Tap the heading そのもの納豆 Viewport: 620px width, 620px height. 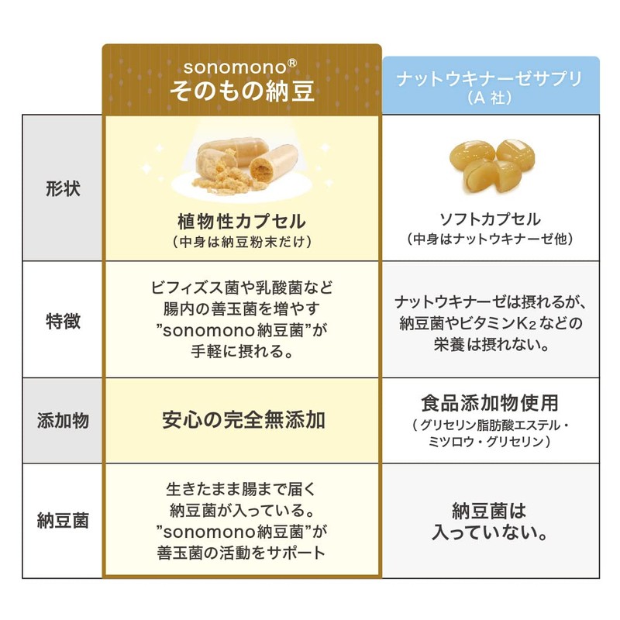tap(242, 91)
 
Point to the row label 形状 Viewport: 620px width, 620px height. tap(63, 188)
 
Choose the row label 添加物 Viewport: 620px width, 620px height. tap(63, 421)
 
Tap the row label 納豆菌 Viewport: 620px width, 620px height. tap(63, 520)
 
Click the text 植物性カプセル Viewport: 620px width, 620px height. tap(242, 222)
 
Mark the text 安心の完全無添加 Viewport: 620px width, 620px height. tap(242, 420)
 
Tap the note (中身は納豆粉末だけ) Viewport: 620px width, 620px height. tap(242, 242)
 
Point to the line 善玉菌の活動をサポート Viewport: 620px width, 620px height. tap(242, 553)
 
